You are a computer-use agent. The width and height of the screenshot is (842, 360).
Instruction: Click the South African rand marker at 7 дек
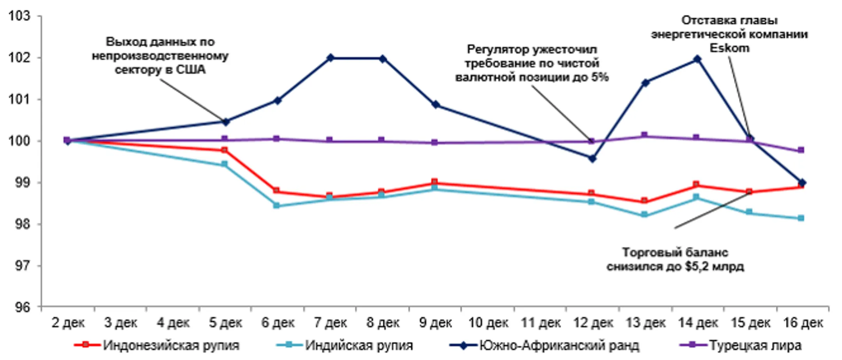[330, 58]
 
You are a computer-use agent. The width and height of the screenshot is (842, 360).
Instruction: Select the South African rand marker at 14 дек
[697, 59]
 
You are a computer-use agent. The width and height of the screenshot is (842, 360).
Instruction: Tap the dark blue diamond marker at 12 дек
[592, 159]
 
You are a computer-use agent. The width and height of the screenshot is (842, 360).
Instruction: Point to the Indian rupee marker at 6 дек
[276, 205]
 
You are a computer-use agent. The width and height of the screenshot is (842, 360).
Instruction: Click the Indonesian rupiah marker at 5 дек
[224, 150]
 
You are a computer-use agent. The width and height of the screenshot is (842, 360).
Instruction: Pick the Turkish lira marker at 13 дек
[644, 135]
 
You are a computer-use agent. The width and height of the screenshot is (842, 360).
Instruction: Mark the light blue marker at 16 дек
[801, 218]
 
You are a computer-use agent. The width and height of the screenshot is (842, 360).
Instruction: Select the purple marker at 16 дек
[801, 150]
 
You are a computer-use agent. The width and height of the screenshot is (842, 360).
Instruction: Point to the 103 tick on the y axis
[19, 16]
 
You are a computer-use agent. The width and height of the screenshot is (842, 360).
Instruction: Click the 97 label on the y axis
[21, 266]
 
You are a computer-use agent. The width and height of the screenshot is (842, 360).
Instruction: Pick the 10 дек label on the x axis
[488, 323]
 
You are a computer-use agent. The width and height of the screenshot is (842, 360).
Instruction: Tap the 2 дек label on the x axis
[68, 323]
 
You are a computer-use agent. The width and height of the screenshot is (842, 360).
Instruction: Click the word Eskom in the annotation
[729, 48]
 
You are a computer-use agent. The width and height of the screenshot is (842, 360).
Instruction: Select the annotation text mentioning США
[160, 70]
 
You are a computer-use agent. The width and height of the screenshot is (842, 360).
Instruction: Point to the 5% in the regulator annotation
[600, 77]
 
